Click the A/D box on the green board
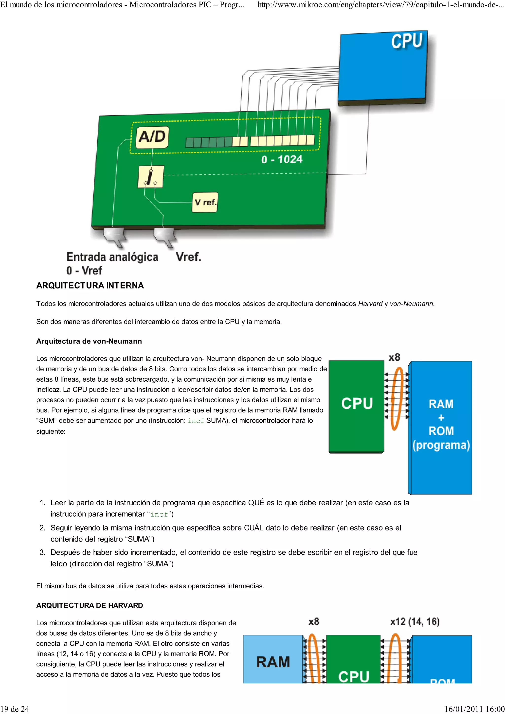(x=152, y=137)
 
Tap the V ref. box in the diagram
(x=205, y=203)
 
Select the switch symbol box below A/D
(x=151, y=177)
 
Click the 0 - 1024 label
(x=282, y=160)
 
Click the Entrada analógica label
(x=112, y=257)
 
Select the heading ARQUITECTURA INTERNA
(x=90, y=286)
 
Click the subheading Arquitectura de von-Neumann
(x=89, y=341)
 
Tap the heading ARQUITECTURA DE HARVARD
(x=90, y=605)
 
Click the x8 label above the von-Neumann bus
(x=394, y=357)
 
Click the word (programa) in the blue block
(x=441, y=445)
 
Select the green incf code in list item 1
(x=159, y=514)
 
